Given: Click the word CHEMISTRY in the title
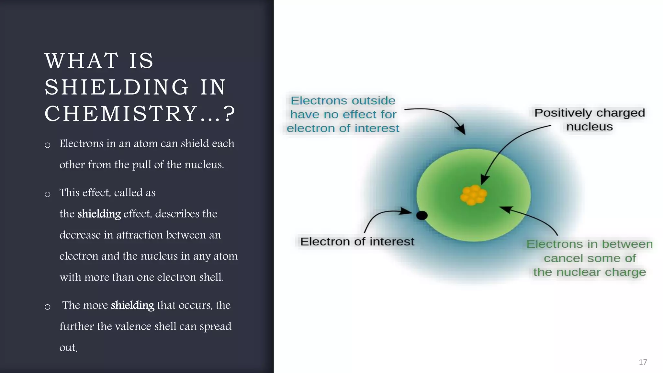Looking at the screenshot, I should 121,114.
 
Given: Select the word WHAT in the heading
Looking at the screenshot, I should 82,61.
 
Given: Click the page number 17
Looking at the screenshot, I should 643,362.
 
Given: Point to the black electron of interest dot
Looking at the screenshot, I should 421,215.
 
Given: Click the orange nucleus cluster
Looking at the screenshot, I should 473,195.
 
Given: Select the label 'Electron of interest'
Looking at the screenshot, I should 357,242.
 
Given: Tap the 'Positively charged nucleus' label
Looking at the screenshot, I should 590,119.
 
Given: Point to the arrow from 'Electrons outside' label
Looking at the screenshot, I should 440,115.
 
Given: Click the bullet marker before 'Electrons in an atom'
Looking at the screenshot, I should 48,145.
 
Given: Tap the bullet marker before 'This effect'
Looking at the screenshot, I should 48,194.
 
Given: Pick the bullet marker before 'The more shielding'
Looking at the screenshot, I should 48,307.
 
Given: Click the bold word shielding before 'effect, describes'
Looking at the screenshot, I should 99,214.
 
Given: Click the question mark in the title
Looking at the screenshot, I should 229,114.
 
